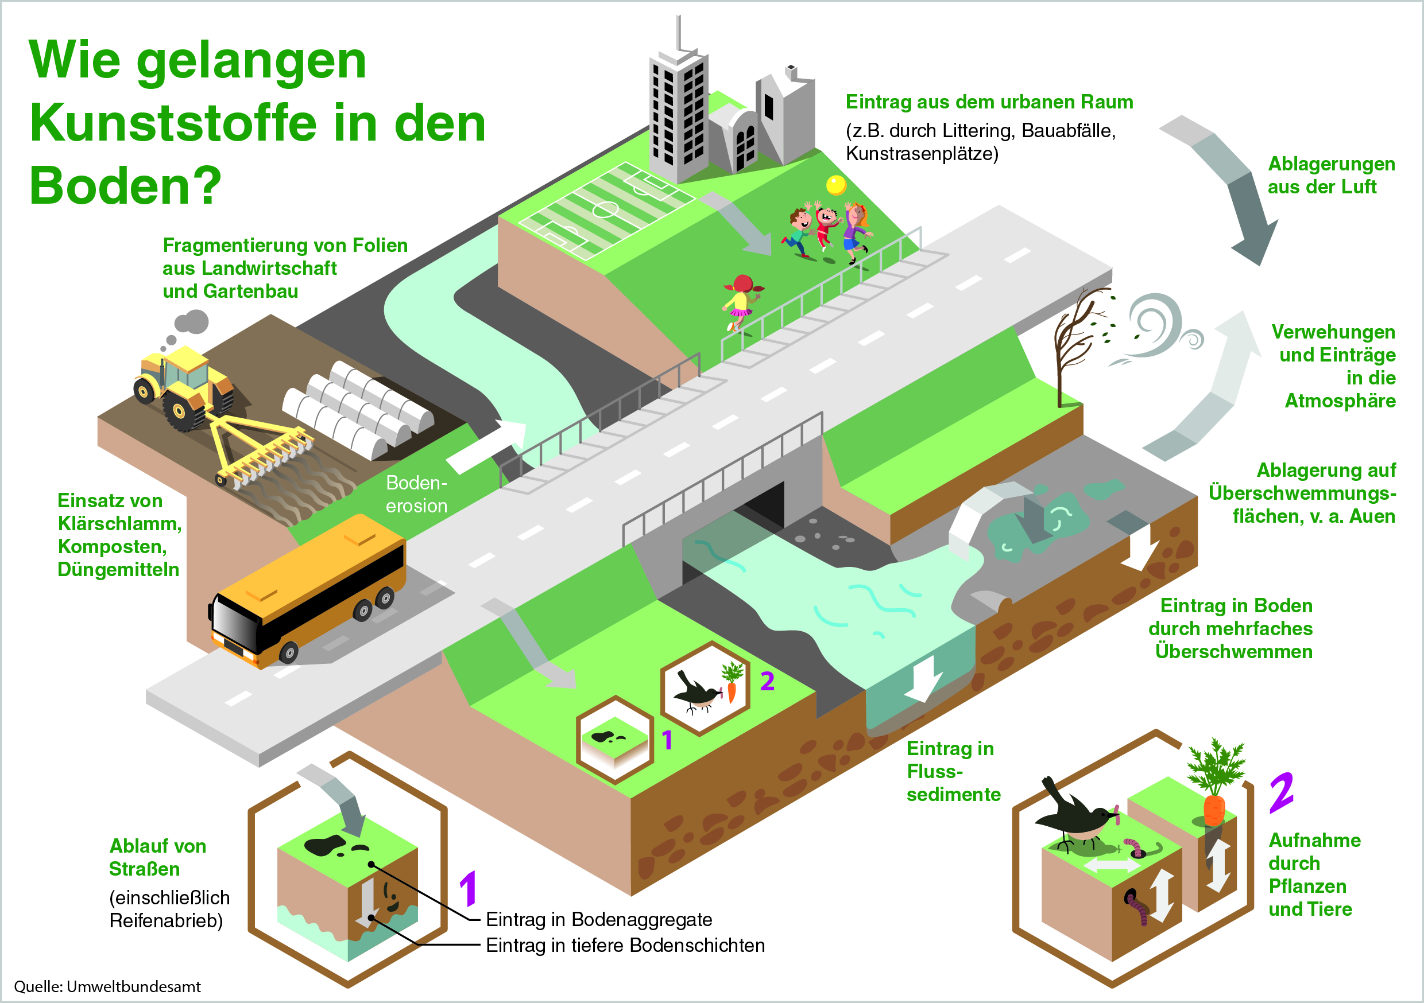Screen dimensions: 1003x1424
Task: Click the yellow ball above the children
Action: (x=836, y=185)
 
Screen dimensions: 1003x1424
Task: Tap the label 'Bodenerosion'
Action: (x=416, y=494)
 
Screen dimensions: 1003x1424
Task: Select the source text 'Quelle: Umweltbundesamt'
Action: (x=107, y=986)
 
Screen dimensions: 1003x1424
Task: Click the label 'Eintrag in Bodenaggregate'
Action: (x=598, y=919)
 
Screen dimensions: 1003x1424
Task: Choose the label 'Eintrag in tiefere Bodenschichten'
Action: (x=625, y=946)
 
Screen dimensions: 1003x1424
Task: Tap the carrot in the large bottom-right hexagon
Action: (x=1214, y=800)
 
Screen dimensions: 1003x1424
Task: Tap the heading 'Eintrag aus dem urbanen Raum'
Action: (x=989, y=102)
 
